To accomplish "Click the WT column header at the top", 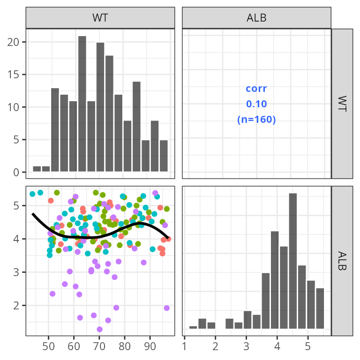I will [100, 18].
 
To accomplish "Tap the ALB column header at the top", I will [256, 18].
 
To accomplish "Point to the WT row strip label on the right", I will [342, 104].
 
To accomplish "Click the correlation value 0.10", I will [256, 104].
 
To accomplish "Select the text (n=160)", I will [256, 119].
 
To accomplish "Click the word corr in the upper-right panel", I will [256, 88].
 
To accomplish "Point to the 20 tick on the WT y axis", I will [16, 42].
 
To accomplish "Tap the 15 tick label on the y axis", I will [16, 75].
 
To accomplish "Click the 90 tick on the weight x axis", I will [150, 347].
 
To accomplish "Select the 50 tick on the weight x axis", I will [48, 347].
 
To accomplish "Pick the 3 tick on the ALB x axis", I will [246, 347].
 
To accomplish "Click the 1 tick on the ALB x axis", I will [185, 347].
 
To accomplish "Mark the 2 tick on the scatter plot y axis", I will [16, 305].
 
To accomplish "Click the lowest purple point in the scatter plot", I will [99, 329].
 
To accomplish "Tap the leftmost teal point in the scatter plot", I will [32, 194].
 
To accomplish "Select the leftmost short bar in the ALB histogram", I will [193, 327].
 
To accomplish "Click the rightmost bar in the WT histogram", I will [164, 156].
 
